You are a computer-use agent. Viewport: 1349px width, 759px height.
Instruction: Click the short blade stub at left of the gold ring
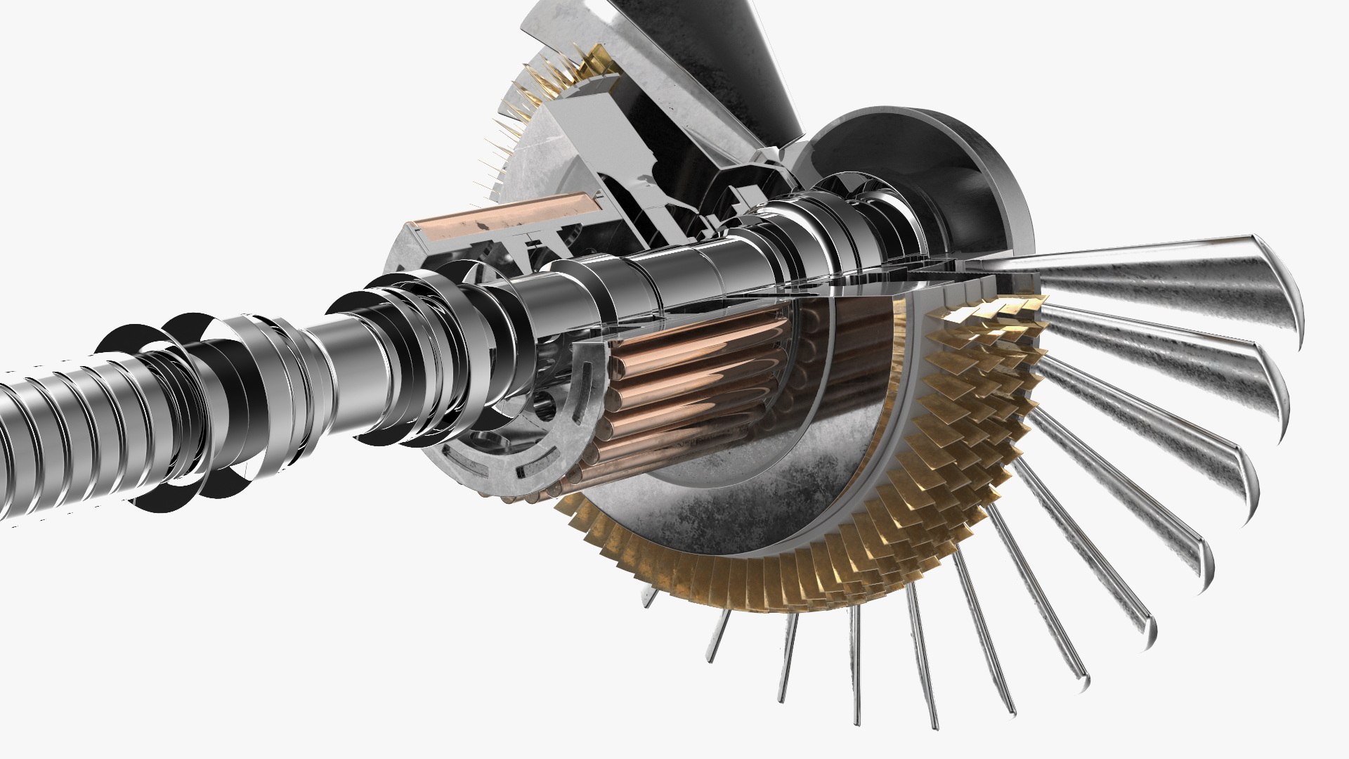click(x=651, y=598)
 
